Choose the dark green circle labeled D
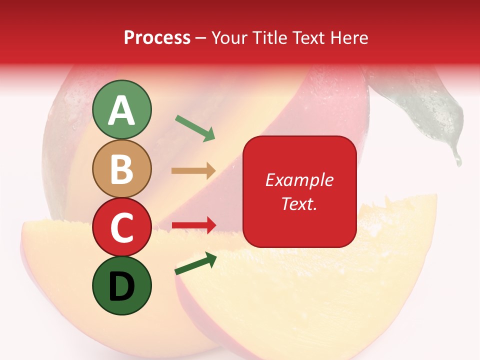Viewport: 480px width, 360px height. pyautogui.click(x=122, y=285)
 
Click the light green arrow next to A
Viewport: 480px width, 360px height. pyautogui.click(x=195, y=128)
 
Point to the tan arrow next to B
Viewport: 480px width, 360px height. pyautogui.click(x=194, y=171)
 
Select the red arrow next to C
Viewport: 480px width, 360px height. pyautogui.click(x=194, y=225)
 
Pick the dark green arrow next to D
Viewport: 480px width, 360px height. pyautogui.click(x=195, y=263)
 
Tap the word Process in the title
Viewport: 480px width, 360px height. pyautogui.click(x=157, y=37)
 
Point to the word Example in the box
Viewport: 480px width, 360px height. pyautogui.click(x=299, y=180)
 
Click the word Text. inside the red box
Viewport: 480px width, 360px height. pyautogui.click(x=299, y=203)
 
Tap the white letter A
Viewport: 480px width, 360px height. pyautogui.click(x=122, y=110)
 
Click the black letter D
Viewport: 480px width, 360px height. pyautogui.click(x=122, y=286)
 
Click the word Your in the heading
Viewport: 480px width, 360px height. pyautogui.click(x=229, y=37)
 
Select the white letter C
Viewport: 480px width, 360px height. pyautogui.click(x=122, y=227)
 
